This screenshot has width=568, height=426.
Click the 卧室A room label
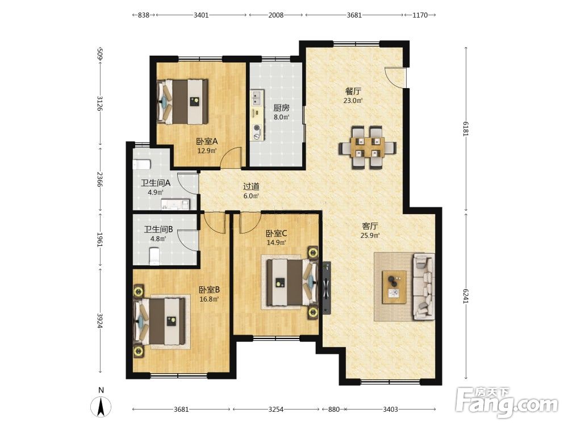pyautogui.click(x=207, y=141)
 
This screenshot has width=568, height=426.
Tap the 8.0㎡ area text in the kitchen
pyautogui.click(x=282, y=117)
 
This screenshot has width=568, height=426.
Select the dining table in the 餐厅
pyautogui.click(x=367, y=148)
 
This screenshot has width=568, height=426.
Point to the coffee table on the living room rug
pyautogui.click(x=395, y=287)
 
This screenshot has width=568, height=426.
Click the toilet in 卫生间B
pyautogui.click(x=154, y=256)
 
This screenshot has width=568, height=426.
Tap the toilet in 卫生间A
pyautogui.click(x=141, y=165)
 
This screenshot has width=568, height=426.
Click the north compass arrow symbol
pyautogui.click(x=101, y=407)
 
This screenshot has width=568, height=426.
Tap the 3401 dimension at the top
pyautogui.click(x=201, y=15)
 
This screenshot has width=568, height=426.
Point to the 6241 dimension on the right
pyautogui.click(x=466, y=296)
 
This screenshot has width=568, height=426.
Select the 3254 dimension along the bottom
pyautogui.click(x=276, y=410)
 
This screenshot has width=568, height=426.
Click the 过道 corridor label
pyautogui.click(x=251, y=186)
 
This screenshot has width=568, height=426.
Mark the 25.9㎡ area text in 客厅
pyautogui.click(x=370, y=236)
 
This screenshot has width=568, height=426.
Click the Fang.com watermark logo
pyautogui.click(x=507, y=403)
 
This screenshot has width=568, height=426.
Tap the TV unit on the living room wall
pyautogui.click(x=327, y=288)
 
